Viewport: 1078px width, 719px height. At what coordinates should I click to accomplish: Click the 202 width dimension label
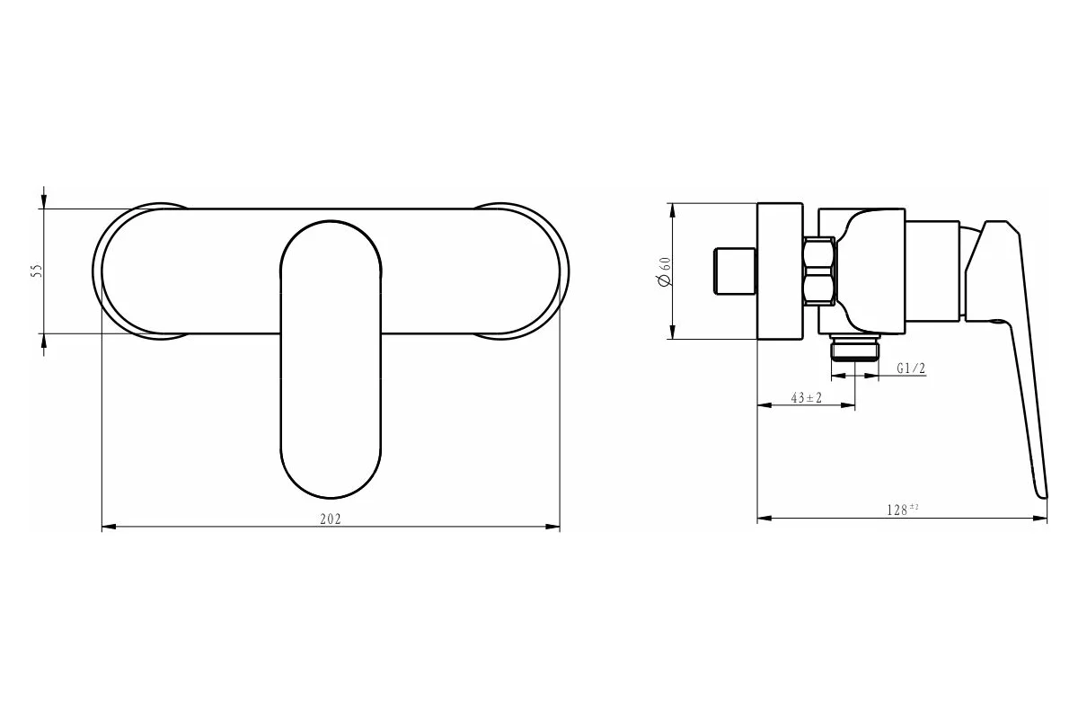coord(331,519)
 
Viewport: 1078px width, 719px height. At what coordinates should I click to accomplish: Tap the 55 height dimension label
coord(37,271)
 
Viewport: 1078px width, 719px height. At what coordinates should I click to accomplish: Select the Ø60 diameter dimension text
coord(664,271)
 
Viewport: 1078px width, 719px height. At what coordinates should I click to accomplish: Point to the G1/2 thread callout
coord(911,368)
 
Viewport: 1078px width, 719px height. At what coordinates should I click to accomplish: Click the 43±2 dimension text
coord(807,398)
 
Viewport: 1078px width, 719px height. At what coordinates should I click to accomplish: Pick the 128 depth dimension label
coord(899,510)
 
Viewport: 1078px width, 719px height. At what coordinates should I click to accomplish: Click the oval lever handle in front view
coord(331,359)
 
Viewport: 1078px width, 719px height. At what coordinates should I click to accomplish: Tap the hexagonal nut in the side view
coord(819,271)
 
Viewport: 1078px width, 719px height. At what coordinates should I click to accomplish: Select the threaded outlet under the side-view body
coord(854,347)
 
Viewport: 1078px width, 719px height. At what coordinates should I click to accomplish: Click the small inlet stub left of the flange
coord(735,271)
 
